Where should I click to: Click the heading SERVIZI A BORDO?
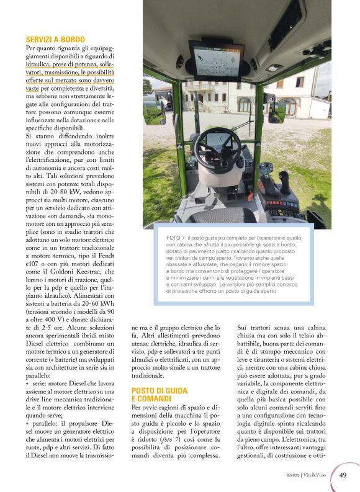(x=55, y=39)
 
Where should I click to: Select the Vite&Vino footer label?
(x=317, y=476)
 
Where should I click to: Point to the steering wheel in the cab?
(x=218, y=146)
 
